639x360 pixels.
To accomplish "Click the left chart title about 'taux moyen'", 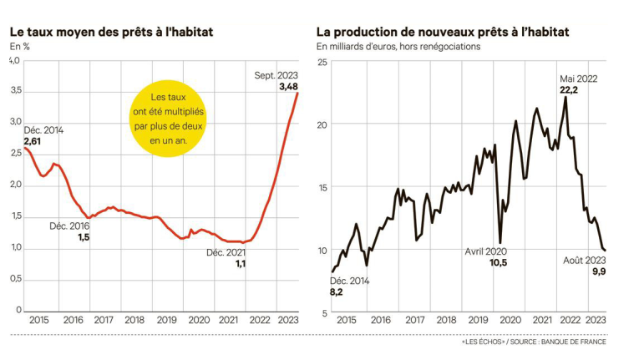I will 111,31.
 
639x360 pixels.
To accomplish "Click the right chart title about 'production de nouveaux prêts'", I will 443,31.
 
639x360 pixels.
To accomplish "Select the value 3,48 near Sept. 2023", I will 289,86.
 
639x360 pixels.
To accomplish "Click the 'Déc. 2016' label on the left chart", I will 69,226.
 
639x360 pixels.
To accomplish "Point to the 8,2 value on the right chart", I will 337,292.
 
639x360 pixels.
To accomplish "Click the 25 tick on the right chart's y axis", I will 321,62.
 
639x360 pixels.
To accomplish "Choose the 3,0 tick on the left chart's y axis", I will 15,121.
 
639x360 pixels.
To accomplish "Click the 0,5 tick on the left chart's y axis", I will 15,279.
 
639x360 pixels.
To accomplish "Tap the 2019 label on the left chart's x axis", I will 166,320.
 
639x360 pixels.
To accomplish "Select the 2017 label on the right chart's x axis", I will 413,320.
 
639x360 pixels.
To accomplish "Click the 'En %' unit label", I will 19,46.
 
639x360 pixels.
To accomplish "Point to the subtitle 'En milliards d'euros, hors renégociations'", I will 398,47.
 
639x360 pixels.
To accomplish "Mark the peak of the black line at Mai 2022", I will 566,98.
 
